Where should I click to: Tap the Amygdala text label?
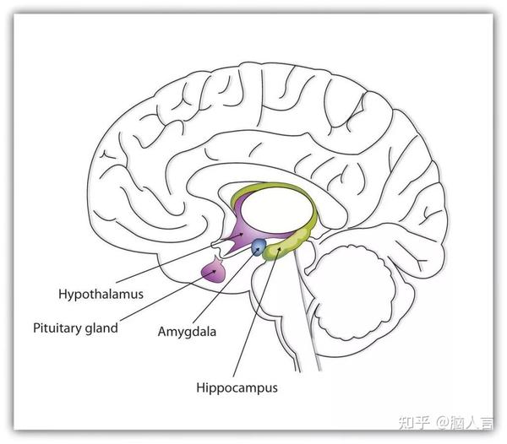click(187, 331)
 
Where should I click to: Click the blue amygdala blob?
click(259, 246)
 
